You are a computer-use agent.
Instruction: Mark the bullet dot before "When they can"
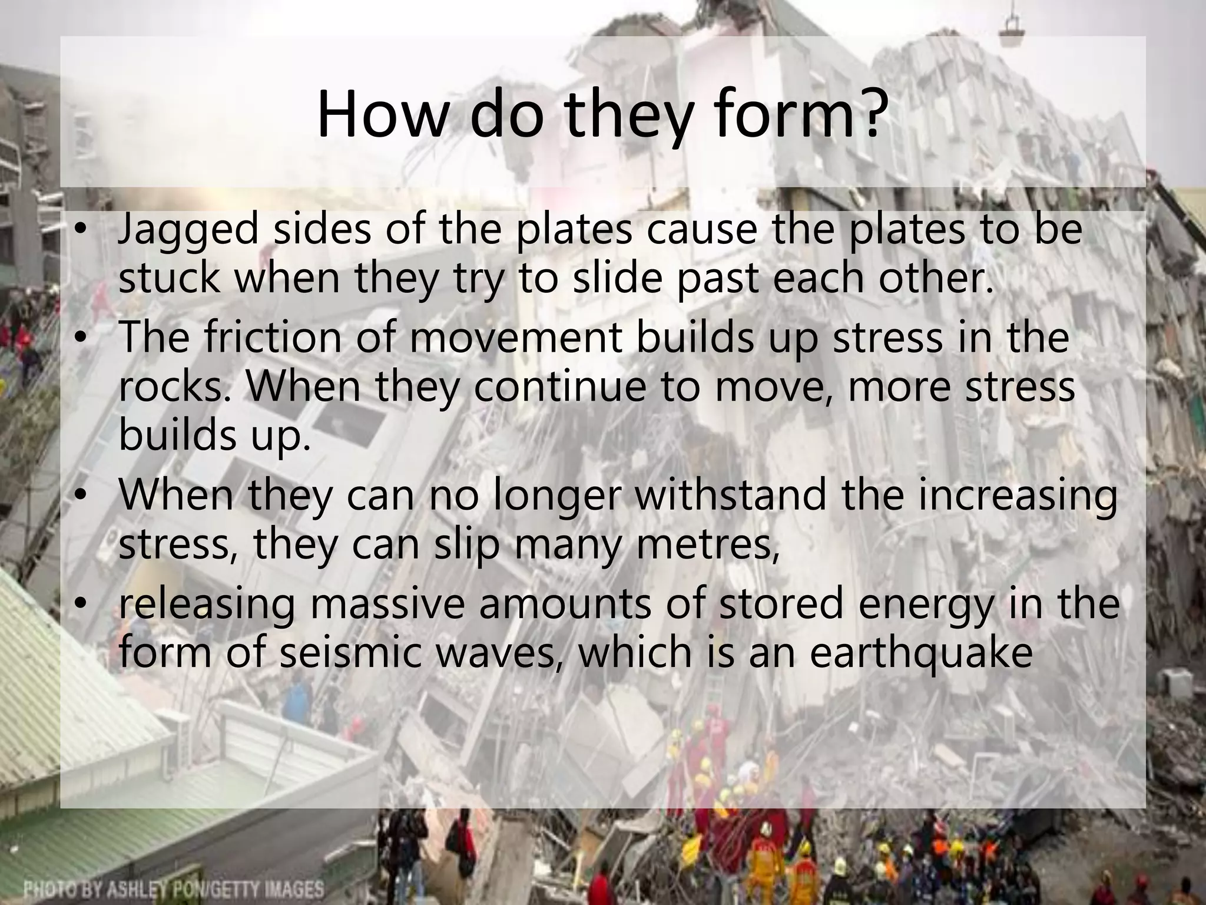(82, 496)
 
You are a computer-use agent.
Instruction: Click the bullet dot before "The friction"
(82, 338)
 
